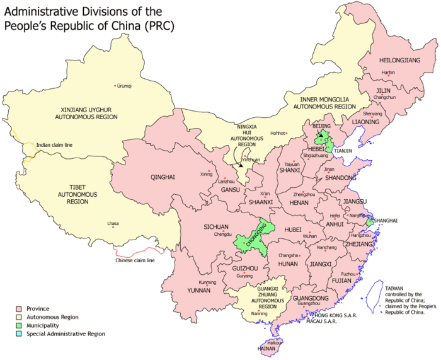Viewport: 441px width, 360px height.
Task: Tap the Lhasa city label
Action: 113,223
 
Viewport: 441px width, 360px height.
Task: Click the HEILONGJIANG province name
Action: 399,61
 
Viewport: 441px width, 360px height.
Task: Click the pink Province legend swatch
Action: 18,309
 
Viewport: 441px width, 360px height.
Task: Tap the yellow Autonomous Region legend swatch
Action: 18,317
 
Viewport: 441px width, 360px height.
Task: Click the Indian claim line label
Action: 54,144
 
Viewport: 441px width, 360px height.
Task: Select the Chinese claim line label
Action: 134,260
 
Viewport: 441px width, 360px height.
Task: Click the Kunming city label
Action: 207,282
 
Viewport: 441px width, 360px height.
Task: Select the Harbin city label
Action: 388,73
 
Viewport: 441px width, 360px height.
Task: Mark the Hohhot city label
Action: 278,133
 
